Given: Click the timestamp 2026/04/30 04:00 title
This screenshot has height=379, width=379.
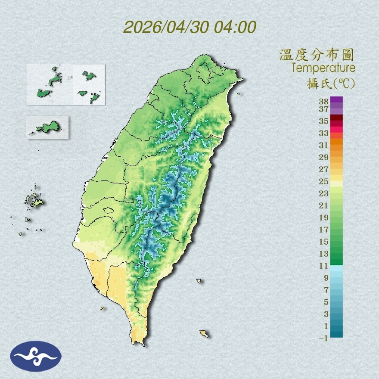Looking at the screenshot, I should point(189,28).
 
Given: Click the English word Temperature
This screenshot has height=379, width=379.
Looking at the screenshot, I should point(323,68).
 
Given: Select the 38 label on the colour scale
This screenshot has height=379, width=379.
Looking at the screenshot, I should point(324,102).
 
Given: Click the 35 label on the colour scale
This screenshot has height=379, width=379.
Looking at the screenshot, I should point(324,121).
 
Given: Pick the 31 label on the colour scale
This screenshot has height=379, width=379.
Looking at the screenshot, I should point(324,145).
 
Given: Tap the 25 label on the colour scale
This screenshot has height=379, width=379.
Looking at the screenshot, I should point(324,181).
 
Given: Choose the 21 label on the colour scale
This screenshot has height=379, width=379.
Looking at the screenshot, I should point(324,205).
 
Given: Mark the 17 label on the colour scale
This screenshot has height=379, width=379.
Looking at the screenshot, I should point(324,230).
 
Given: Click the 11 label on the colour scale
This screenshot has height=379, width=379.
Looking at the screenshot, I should point(324,266).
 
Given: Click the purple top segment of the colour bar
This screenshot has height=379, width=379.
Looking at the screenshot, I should point(336,99).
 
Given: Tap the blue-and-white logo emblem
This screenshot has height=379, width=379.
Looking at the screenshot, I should point(36,356).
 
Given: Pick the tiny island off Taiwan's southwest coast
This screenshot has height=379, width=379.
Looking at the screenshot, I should point(102,308).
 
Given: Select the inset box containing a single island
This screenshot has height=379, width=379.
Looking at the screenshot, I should point(47,127).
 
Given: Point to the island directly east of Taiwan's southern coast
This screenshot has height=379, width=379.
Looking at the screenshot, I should point(199,281).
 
